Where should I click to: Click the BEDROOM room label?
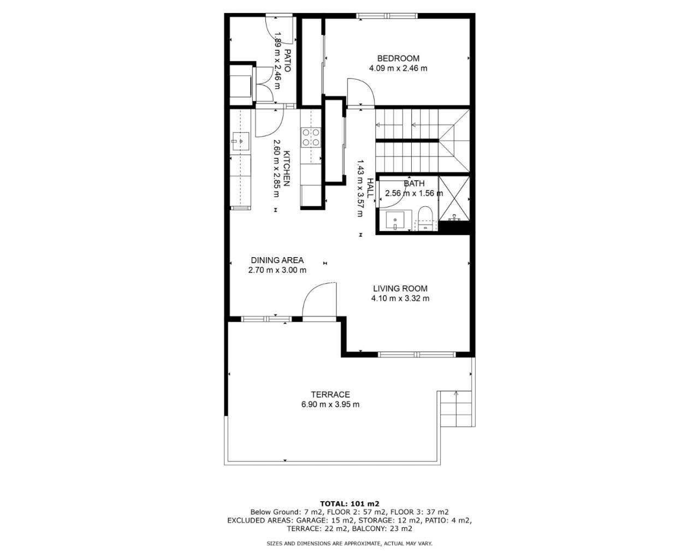398,58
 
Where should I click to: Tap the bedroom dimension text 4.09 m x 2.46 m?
398,69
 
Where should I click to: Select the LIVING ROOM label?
400,288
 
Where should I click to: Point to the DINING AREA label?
277,260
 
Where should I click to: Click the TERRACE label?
330,395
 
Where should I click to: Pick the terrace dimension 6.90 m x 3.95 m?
330,405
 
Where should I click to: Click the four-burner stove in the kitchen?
311,137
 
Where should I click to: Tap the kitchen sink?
240,141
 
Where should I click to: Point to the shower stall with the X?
454,199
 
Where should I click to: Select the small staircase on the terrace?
455,409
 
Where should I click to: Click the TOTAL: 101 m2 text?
349,504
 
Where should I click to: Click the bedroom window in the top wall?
387,16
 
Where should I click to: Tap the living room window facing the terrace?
417,354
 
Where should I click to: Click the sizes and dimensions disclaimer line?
349,543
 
